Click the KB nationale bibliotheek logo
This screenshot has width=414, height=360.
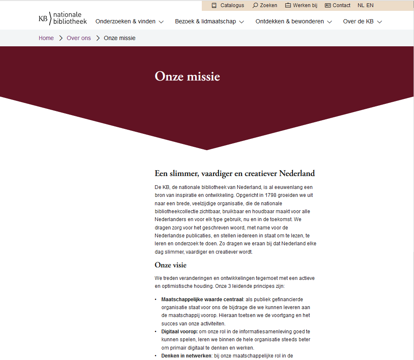pyautogui.click(x=63, y=18)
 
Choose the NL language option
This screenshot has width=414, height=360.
pyautogui.click(x=361, y=5)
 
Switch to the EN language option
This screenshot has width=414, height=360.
pyautogui.click(x=370, y=5)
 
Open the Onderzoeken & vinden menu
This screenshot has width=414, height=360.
pyautogui.click(x=129, y=22)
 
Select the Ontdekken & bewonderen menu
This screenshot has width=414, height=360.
pyautogui.click(x=294, y=22)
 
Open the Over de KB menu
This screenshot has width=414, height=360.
pyautogui.click(x=362, y=22)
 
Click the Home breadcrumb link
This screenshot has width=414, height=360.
pyautogui.click(x=46, y=38)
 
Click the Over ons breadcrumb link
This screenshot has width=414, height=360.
pyautogui.click(x=79, y=38)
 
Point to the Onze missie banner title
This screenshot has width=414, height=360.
pyautogui.click(x=187, y=77)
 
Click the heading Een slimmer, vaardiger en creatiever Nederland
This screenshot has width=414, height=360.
pyautogui.click(x=235, y=174)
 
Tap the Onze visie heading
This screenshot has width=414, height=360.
pyautogui.click(x=171, y=265)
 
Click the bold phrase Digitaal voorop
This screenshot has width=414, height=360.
pyautogui.click(x=179, y=332)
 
